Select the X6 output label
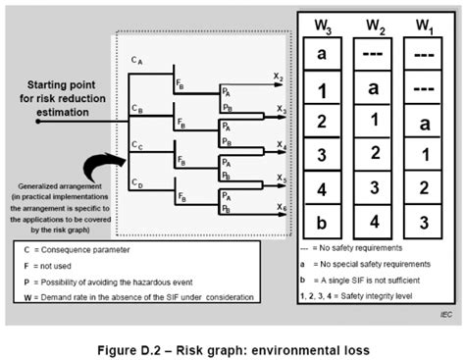pos(280,209)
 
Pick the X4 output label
pos(280,144)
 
